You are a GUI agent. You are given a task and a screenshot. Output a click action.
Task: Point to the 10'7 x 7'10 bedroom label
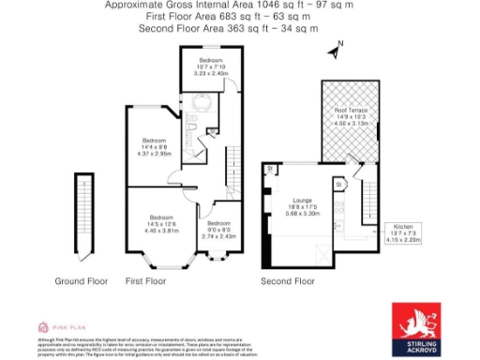point(210,66)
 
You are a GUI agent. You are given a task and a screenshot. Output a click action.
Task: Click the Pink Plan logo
point(54,326)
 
